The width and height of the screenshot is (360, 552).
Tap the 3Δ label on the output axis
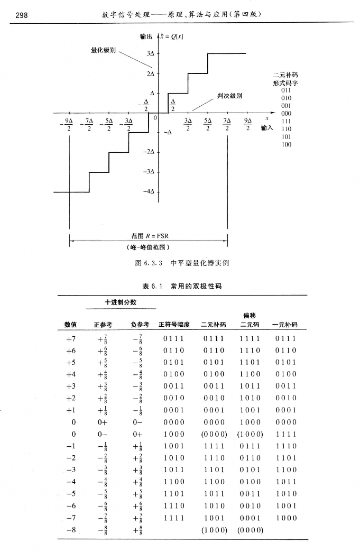click(151, 53)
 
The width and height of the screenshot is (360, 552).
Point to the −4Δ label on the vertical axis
click(150, 191)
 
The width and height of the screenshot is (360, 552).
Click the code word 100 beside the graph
click(286, 144)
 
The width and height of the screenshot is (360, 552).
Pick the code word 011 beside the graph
click(286, 90)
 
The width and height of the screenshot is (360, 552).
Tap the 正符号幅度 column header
click(174, 325)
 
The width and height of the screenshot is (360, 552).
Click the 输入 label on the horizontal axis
click(267, 128)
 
